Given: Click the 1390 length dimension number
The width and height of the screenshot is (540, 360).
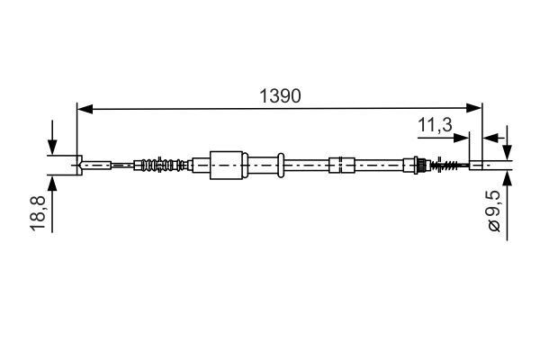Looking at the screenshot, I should coord(280,95).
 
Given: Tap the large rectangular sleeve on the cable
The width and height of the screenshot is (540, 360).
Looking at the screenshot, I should coord(228,165).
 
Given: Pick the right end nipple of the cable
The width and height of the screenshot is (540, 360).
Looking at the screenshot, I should coord(478,165).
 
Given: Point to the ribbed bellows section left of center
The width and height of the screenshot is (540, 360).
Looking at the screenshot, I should coord(162,165).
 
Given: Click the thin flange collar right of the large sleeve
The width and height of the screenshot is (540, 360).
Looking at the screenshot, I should coord(281,165).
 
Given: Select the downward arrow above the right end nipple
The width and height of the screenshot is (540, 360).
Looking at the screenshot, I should coord(507,150).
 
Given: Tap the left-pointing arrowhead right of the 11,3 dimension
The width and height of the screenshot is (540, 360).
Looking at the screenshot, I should coord(489,138).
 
